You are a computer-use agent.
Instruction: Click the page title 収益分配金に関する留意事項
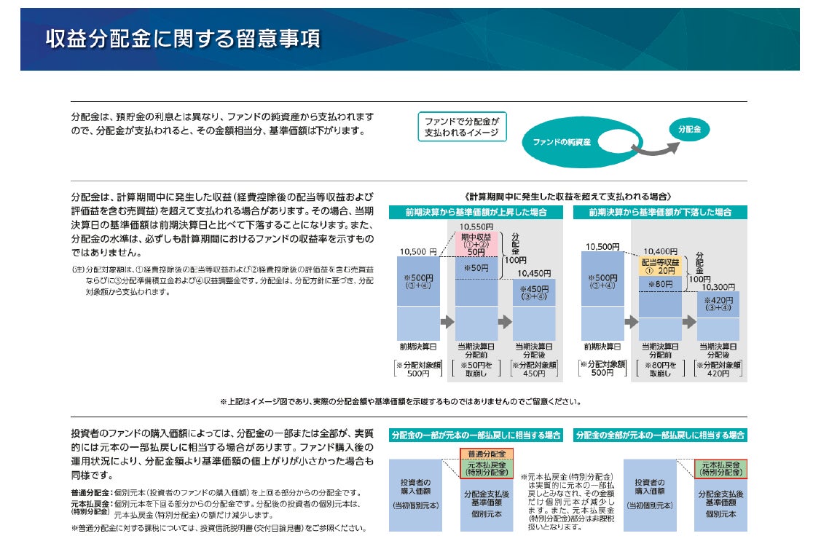183,39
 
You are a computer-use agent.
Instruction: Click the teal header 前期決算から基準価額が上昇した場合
476,213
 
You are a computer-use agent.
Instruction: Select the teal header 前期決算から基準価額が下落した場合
659,213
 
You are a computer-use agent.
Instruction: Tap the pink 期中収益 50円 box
476,245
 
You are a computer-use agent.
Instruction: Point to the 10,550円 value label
476,226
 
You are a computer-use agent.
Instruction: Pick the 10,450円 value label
534,273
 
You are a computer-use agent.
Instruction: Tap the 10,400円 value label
659,251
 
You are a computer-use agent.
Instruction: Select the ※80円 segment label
659,284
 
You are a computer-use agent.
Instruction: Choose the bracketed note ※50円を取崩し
476,368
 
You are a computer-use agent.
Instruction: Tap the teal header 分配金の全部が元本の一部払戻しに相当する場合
660,435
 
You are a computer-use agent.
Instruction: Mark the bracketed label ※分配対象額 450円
534,368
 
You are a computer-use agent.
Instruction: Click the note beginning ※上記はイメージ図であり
400,401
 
